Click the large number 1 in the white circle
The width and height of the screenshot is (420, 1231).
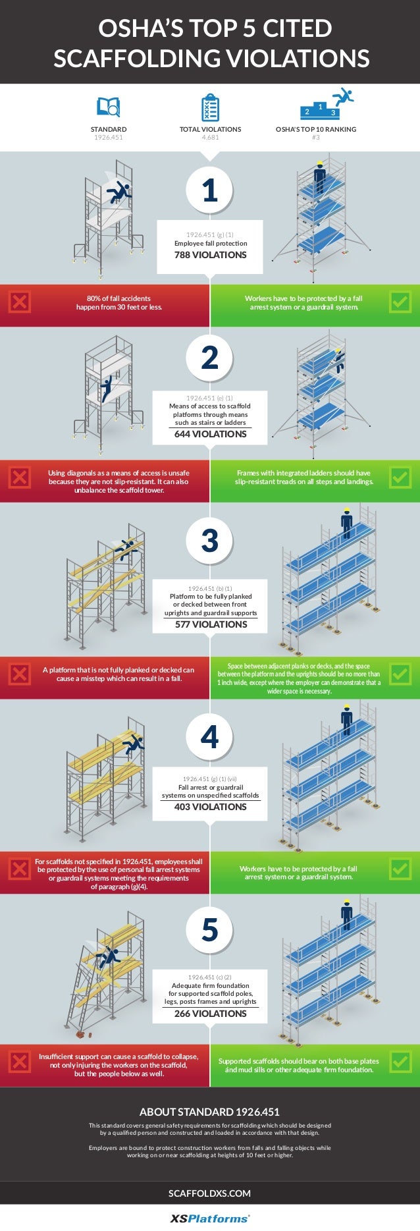[x=210, y=190]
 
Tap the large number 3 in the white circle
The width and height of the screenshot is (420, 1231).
[x=210, y=541]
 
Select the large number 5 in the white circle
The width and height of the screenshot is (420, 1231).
[x=210, y=929]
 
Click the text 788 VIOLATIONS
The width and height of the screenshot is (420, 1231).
[x=210, y=255]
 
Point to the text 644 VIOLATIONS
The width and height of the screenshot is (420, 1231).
[x=210, y=434]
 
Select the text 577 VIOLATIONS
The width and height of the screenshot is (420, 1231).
[x=210, y=624]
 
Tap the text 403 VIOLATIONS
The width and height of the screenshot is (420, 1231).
[x=210, y=807]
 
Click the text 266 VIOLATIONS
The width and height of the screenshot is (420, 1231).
[x=210, y=1014]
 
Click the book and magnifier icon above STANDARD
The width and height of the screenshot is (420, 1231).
[x=109, y=107]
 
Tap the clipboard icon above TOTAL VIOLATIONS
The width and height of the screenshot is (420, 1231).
[x=210, y=107]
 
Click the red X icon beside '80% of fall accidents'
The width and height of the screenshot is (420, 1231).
[x=20, y=302]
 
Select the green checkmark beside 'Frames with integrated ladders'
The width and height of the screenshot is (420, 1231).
[x=400, y=478]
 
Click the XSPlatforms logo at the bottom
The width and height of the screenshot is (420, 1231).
[x=210, y=1218]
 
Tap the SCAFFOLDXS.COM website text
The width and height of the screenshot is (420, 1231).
[x=210, y=1193]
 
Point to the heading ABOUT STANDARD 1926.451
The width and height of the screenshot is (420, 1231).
[x=210, y=1112]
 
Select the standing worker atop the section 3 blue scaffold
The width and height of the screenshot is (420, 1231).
[x=346, y=525]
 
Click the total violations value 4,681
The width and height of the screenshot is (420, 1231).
[x=210, y=138]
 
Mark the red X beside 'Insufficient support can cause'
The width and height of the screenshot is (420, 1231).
[x=20, y=1061]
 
